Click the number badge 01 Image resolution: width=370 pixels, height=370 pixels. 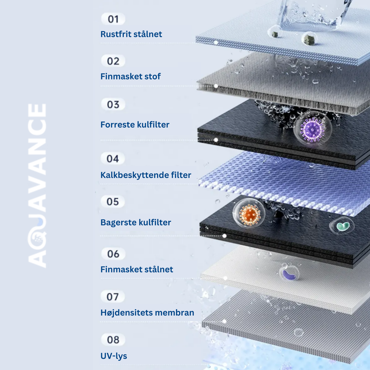[113, 19]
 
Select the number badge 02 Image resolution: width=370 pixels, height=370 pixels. [113, 61]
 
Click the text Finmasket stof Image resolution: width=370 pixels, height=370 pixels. [131, 76]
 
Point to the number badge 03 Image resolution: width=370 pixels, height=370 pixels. [113, 104]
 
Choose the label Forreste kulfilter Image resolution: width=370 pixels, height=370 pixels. [135, 125]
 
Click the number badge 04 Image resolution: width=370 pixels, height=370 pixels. [113, 159]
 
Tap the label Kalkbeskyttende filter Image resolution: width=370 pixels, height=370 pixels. [146, 175]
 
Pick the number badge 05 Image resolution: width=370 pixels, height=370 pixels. [113, 202]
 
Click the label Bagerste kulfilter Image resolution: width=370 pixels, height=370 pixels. [136, 223]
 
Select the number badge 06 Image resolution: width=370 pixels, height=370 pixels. [113, 254]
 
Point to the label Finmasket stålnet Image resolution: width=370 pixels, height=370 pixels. [137, 270]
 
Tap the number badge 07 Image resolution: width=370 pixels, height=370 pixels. [113, 297]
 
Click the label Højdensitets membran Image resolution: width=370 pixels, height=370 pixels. [147, 313]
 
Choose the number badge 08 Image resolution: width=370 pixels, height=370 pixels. [113, 340]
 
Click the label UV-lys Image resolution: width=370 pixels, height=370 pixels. [114, 356]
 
